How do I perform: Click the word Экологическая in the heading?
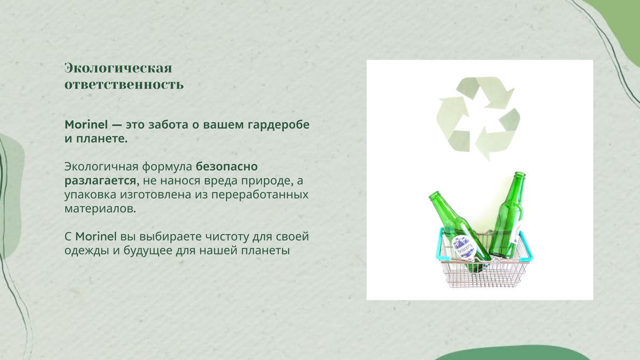[118, 68]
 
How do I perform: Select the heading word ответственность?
[124, 85]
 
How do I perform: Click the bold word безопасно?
[227, 166]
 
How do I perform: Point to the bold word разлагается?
[102, 181]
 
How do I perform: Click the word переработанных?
[260, 195]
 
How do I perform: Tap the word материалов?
[100, 209]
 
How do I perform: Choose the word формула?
[167, 167]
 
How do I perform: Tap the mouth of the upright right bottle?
[519, 174]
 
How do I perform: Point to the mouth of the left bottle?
[434, 195]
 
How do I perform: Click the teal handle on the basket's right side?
[526, 246]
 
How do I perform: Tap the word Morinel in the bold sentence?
[86, 125]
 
